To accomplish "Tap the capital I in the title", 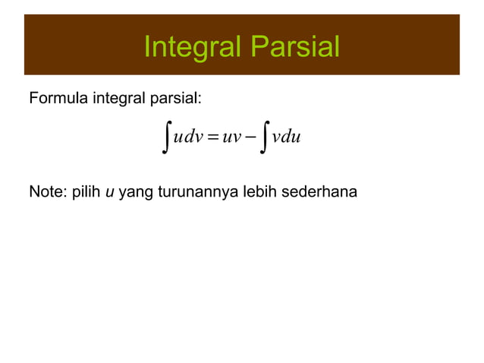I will click(x=147, y=48).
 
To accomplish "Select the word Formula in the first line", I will click(x=58, y=99).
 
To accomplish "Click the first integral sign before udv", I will click(x=166, y=137).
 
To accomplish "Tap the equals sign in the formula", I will click(x=212, y=138).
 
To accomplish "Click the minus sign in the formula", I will click(x=251, y=138).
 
